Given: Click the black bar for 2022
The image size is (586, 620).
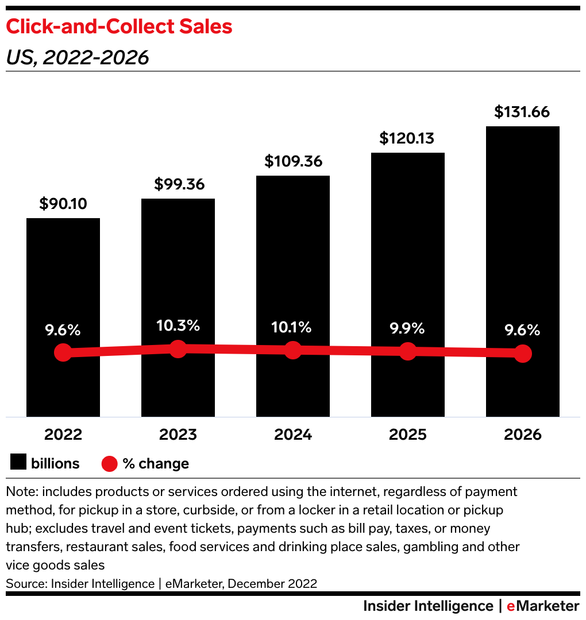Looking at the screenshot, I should click(x=63, y=276).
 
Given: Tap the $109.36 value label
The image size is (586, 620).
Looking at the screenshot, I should click(x=293, y=161).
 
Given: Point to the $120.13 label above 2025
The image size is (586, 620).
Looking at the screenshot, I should click(x=407, y=138).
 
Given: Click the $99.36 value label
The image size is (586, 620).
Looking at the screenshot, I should click(x=178, y=184).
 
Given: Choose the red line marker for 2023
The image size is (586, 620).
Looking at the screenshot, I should click(x=178, y=348).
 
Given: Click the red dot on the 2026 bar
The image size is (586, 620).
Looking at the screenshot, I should click(x=522, y=354).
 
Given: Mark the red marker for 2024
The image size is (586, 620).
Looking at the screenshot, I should click(x=293, y=350).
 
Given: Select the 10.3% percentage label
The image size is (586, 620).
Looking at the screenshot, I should click(x=178, y=325).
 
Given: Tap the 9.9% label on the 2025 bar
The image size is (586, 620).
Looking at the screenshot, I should click(x=407, y=328).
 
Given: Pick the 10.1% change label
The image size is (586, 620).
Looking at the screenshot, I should click(x=293, y=327).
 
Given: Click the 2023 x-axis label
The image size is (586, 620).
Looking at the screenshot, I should click(x=178, y=435).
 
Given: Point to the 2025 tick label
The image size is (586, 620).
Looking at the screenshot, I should click(x=407, y=435).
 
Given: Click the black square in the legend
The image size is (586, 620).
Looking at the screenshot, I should click(x=18, y=463).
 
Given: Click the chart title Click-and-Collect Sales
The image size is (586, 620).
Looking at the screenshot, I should click(x=119, y=26).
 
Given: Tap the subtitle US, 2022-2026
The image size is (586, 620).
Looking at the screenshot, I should click(x=77, y=57).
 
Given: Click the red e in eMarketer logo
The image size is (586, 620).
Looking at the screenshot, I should click(x=510, y=606).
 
